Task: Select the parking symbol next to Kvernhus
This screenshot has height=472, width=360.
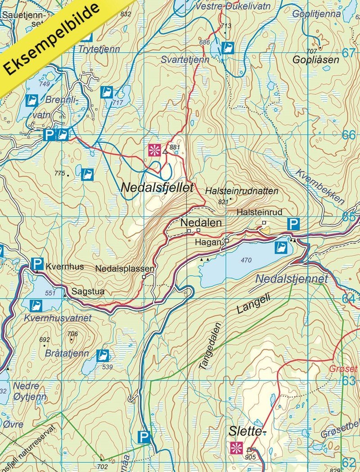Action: tap(37, 263)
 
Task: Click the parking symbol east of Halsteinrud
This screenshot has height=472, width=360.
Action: tap(293, 224)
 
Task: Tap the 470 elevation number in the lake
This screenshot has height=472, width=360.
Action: tap(246, 260)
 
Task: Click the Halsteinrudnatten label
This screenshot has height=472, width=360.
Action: tap(241, 191)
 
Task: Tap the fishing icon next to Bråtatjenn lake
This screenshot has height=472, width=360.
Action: tap(103, 355)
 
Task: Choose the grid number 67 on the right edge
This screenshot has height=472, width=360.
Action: tap(348, 53)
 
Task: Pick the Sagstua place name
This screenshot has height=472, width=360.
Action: tap(88, 291)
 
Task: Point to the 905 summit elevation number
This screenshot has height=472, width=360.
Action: tap(250, 457)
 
